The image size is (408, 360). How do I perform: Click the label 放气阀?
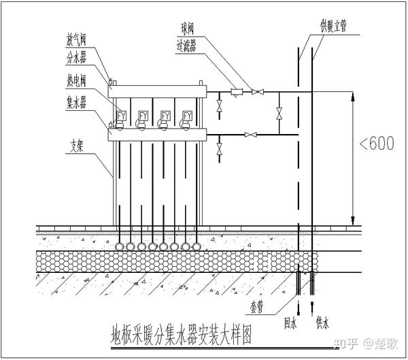click(76, 39)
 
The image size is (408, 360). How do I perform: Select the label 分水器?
click(76, 58)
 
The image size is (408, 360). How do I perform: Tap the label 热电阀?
click(76, 80)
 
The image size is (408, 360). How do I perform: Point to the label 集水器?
click(76, 102)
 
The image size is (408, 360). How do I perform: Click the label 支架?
click(77, 146)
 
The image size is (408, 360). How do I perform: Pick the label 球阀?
click(188, 29)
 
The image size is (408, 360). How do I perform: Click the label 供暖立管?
click(333, 27)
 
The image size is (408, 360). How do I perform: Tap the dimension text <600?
click(377, 143)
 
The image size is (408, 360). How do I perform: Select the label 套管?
click(257, 308)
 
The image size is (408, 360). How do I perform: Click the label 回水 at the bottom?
click(290, 323)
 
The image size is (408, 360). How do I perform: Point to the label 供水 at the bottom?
click(322, 323)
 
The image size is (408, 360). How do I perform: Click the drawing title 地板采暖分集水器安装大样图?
click(182, 336)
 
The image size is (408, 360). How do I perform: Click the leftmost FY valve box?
click(121, 116)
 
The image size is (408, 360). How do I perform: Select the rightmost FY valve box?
click(188, 116)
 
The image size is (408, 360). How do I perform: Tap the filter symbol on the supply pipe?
click(237, 92)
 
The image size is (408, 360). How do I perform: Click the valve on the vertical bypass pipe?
click(279, 114)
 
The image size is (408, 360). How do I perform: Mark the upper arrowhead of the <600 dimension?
click(353, 97)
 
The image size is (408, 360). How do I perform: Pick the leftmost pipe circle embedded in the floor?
click(119, 246)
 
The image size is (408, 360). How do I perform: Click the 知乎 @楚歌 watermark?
click(366, 344)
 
